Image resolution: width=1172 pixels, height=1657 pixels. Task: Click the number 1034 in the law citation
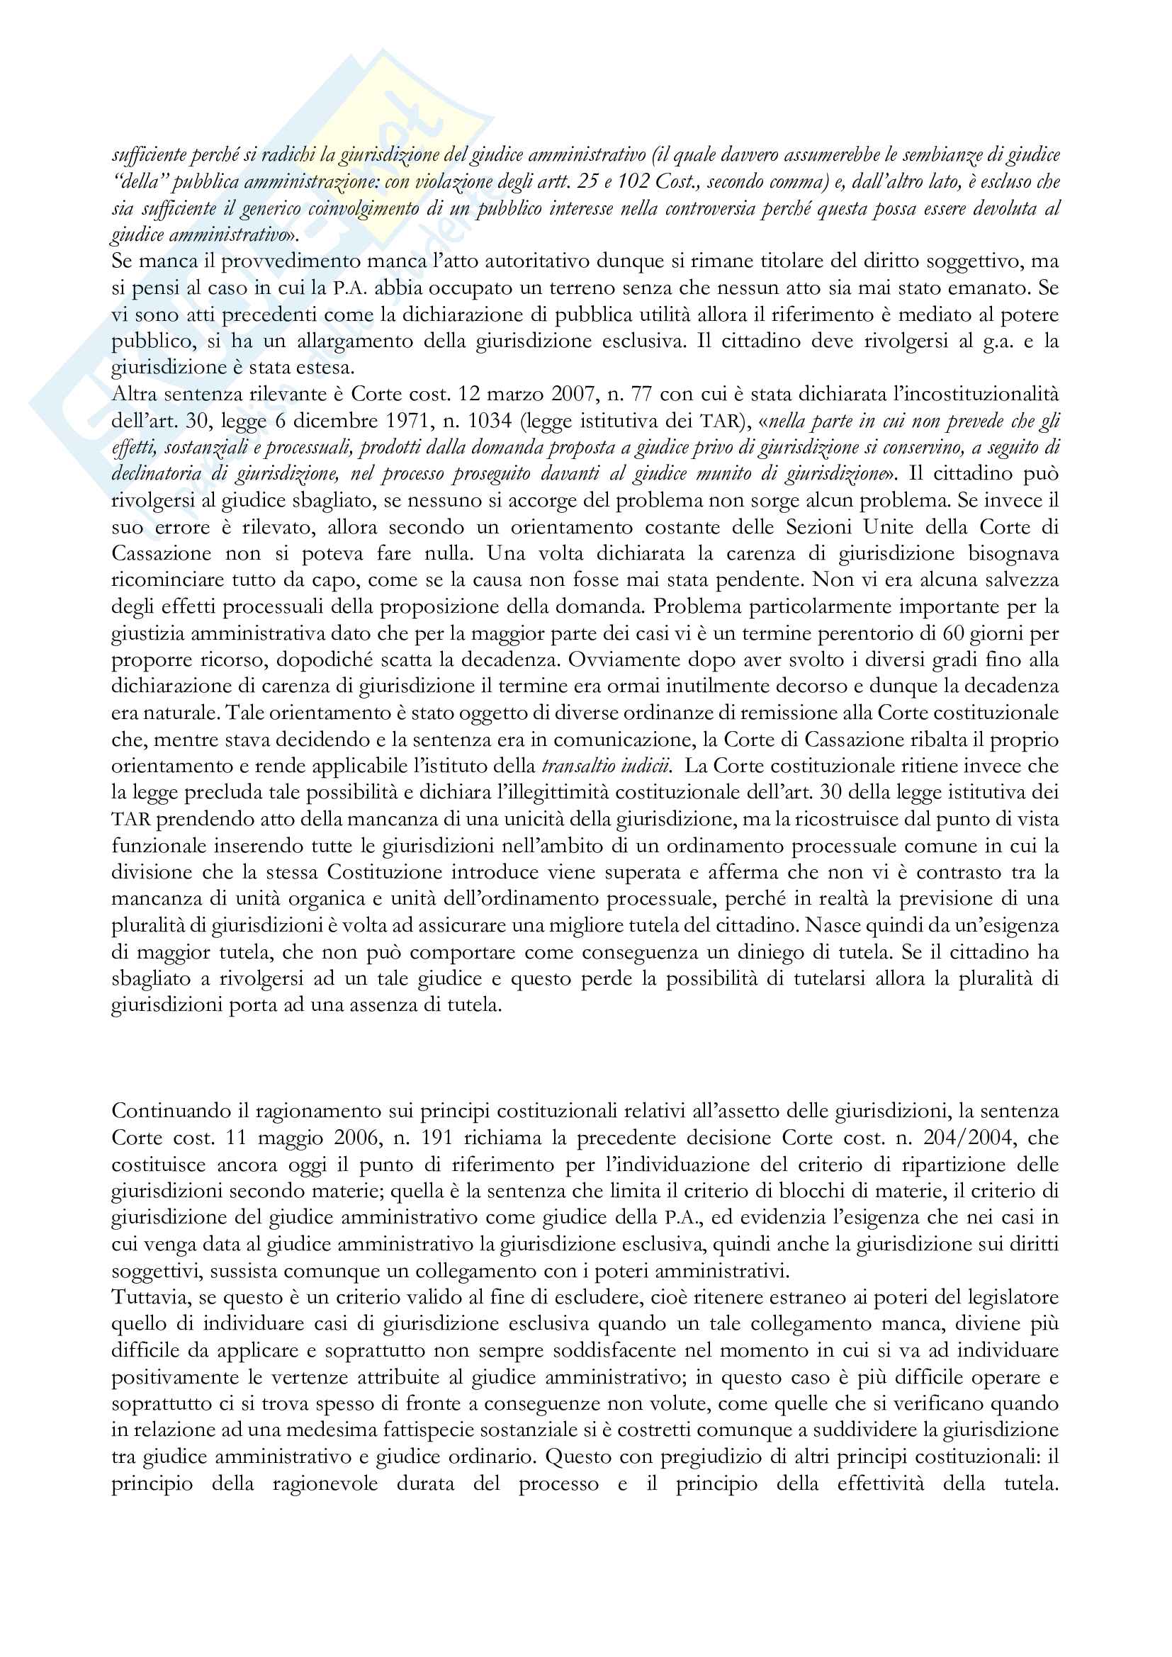pos(380,421)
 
